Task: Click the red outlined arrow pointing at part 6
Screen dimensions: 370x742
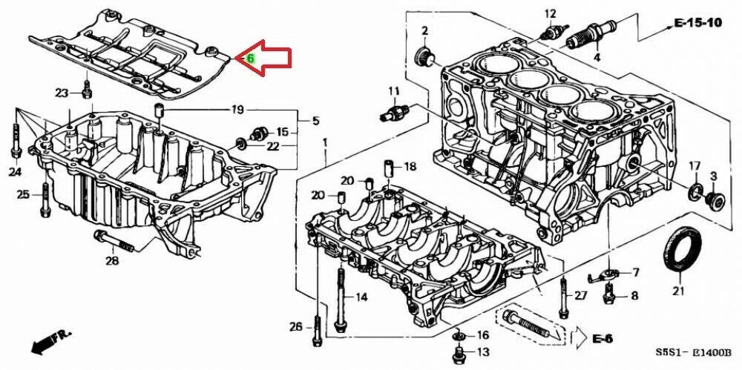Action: pyautogui.click(x=267, y=58)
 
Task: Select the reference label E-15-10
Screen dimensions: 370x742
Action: pyautogui.click(x=697, y=23)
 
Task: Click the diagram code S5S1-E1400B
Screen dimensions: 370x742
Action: pyautogui.click(x=692, y=352)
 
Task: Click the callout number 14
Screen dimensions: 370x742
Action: pyautogui.click(x=361, y=297)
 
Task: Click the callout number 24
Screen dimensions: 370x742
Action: pyautogui.click(x=16, y=173)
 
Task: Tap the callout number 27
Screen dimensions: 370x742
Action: pyautogui.click(x=580, y=296)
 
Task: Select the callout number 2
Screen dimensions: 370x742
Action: pyautogui.click(x=425, y=30)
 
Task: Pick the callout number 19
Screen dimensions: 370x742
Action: pyautogui.click(x=237, y=110)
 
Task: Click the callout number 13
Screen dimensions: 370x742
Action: pyautogui.click(x=482, y=351)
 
